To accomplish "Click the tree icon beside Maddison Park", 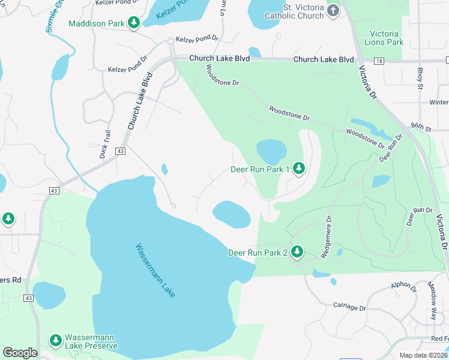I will pyautogui.click(x=134, y=23).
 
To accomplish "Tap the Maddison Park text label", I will pyautogui.click(x=97, y=24).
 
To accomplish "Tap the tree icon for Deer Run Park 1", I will pyautogui.click(x=298, y=170).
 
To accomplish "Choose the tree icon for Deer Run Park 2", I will pyautogui.click(x=296, y=253).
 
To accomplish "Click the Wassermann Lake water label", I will pyautogui.click(x=155, y=270).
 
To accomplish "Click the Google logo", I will pyautogui.click(x=20, y=353).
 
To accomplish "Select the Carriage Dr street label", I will pyautogui.click(x=349, y=307).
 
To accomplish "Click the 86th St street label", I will pyautogui.click(x=420, y=128).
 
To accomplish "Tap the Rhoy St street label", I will pyautogui.click(x=420, y=78).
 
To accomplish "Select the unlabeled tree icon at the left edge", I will pyautogui.click(x=8, y=219).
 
